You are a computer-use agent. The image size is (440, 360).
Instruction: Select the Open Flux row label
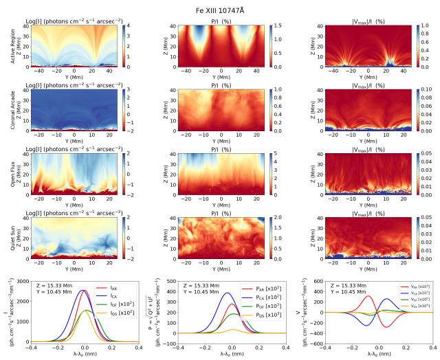click(x=8, y=174)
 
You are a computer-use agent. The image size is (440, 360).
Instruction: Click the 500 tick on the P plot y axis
click(x=167, y=282)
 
